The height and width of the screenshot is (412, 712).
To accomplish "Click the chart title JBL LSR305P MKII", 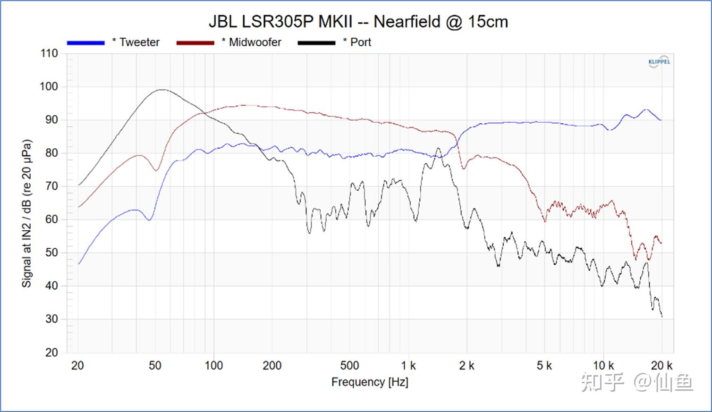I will [358, 22].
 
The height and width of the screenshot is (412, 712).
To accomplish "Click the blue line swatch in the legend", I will [86, 43].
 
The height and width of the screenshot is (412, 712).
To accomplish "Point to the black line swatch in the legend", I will [316, 43].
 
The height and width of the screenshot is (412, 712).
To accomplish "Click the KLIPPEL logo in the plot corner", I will [659, 62].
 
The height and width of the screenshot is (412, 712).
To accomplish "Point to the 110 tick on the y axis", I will [49, 53].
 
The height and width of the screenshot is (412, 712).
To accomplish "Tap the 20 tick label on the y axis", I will [51, 353].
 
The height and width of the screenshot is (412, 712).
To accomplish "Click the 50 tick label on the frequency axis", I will [155, 366].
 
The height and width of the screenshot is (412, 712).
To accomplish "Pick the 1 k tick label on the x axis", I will [408, 366].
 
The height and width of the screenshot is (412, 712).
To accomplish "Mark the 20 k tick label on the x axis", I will [661, 366].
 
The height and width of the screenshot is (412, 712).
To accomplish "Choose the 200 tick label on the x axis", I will [271, 366].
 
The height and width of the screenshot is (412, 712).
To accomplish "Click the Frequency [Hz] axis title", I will [370, 382].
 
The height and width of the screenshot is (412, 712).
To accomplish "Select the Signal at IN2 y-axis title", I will [27, 213].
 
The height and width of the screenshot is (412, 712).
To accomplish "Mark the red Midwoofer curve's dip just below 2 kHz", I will [464, 168].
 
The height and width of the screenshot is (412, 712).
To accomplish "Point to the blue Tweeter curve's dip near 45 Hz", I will [149, 220].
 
